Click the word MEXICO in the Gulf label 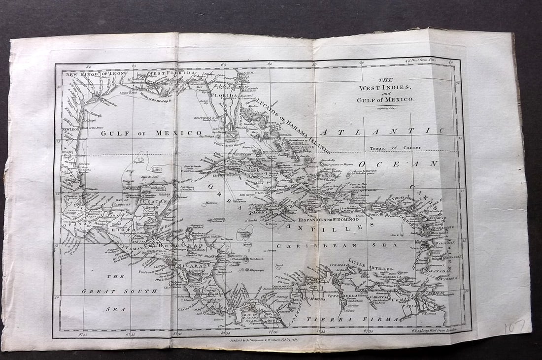pos(178,133)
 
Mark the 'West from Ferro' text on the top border pos(425,61)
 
